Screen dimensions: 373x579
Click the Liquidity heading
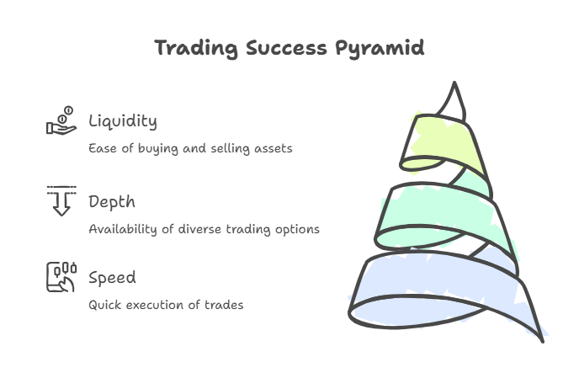coord(123,121)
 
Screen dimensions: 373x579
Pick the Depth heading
coord(112,202)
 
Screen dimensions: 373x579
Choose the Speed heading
coord(112,278)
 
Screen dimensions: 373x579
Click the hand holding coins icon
coord(61,121)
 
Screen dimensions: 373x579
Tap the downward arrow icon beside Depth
coord(61,200)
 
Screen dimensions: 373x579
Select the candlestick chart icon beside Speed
coord(61,276)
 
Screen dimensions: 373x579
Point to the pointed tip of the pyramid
coord(455,88)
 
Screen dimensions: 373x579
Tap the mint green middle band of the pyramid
coord(438,210)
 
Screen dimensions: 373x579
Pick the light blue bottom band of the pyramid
coord(438,290)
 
